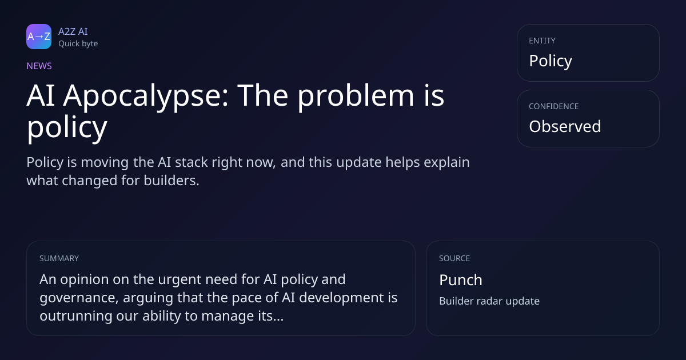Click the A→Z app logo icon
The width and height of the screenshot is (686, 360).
click(39, 37)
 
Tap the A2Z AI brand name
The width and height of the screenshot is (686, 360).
click(73, 31)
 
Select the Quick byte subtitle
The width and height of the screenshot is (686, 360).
click(78, 44)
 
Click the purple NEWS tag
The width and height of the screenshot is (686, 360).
click(39, 66)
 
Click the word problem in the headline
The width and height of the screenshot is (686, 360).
click(356, 96)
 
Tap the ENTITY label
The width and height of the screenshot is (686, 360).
click(542, 41)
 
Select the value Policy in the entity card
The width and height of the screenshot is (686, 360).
click(551, 61)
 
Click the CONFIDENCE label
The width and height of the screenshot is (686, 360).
click(554, 106)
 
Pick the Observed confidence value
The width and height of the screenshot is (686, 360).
click(565, 126)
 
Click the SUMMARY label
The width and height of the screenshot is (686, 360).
click(59, 258)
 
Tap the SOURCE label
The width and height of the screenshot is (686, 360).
click(454, 258)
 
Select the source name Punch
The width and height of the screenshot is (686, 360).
click(461, 280)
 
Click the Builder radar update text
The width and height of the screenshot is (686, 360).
click(489, 301)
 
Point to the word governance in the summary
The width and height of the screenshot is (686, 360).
click(79, 298)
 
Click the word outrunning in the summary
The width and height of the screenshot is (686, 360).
click(76, 316)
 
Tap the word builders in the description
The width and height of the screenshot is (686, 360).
click(171, 181)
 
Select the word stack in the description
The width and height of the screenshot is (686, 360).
click(192, 162)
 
